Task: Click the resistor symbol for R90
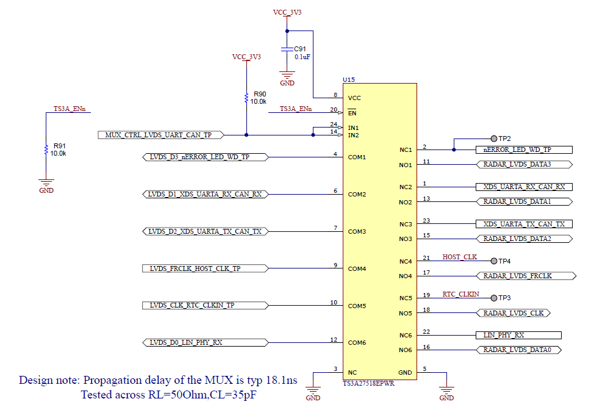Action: point(246,98)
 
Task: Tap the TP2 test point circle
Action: point(493,139)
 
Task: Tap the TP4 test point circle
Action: point(493,261)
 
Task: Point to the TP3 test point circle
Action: point(493,298)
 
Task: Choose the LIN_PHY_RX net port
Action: point(518,335)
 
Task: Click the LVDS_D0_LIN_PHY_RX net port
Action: point(204,343)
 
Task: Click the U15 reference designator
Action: point(349,79)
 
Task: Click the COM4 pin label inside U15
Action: point(357,268)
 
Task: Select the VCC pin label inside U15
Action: point(354,98)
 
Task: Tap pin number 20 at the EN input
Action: point(333,110)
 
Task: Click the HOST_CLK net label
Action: point(460,258)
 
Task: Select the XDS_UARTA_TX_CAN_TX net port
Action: point(524,225)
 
